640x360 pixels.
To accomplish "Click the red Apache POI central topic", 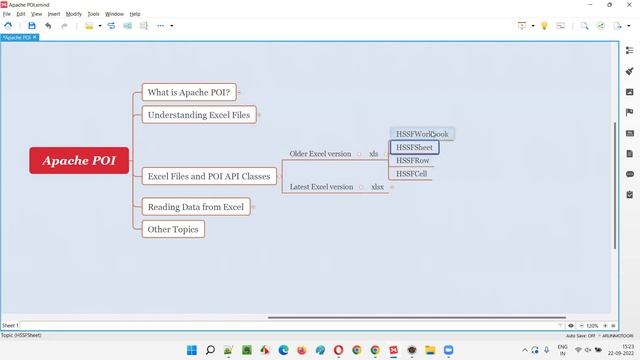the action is pos(79,160).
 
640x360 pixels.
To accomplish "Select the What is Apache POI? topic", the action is pos(188,93).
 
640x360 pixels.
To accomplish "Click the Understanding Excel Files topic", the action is pos(198,115).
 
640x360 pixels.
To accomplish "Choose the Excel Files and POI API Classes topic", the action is pos(208,176).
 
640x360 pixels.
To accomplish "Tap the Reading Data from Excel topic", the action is pos(195,207).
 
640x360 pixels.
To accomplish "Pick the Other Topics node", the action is pos(173,229).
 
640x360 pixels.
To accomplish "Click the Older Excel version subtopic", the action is pos(320,154).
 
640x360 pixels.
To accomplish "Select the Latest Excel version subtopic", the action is pos(321,187).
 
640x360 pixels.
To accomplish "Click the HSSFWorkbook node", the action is pos(422,134).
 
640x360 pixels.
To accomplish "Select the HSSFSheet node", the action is pos(414,147).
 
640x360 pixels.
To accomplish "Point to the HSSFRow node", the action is pos(412,160).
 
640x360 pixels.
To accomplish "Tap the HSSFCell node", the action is pos(411,174).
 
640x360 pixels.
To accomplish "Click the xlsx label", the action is pos(377,187).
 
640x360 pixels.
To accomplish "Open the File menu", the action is pos(7,14).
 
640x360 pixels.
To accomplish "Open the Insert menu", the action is pos(54,14).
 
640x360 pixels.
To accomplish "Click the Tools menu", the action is pos(93,14).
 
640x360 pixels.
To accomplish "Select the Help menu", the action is pos(135,14).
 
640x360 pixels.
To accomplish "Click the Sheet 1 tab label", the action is pos(10,325).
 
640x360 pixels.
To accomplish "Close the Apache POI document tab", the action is pos(34,37).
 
